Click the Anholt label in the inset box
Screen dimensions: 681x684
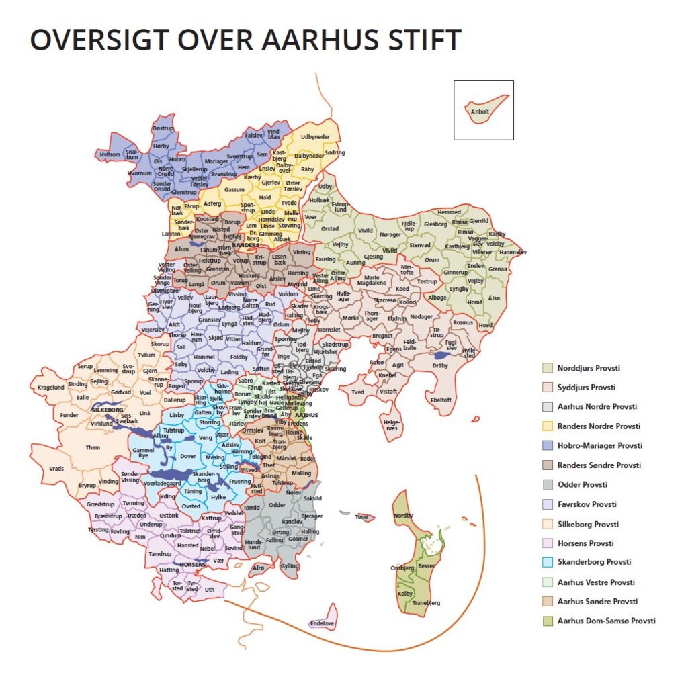point(480,112)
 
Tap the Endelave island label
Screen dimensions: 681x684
point(322,623)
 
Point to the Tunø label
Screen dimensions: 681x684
point(361,517)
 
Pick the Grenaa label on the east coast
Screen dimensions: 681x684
point(498,269)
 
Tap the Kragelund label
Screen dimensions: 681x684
point(50,388)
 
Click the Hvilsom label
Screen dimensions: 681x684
point(110,154)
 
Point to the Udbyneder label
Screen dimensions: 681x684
point(315,137)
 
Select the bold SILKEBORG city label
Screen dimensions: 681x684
point(108,408)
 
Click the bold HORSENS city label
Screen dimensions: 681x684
point(192,565)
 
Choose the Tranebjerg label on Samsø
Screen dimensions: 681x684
point(425,602)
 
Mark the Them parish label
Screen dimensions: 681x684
point(93,447)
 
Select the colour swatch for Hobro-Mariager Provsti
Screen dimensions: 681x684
point(548,445)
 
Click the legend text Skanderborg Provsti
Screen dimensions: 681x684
point(594,562)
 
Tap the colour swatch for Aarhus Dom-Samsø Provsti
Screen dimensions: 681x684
point(548,621)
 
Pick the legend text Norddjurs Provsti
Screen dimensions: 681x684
point(589,368)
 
